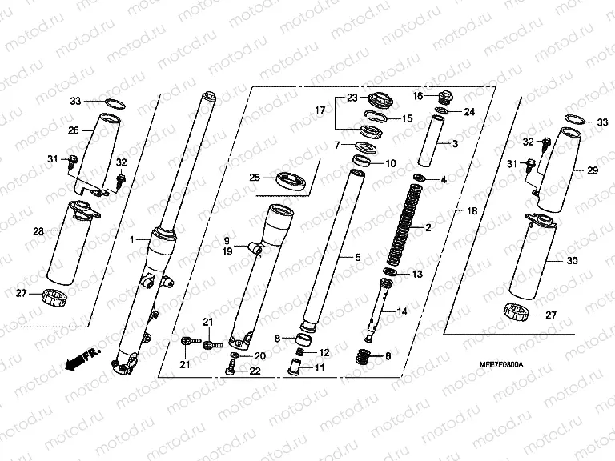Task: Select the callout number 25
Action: point(255,178)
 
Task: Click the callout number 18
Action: point(472,210)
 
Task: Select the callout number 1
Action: point(132,239)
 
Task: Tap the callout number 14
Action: point(402,311)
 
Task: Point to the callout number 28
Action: point(38,231)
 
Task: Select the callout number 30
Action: point(573,260)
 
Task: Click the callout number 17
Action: point(320,110)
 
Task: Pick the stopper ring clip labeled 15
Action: point(376,115)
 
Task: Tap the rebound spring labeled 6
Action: point(365,356)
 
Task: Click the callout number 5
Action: point(358,257)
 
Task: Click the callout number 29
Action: point(593,170)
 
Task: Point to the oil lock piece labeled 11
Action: point(296,367)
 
